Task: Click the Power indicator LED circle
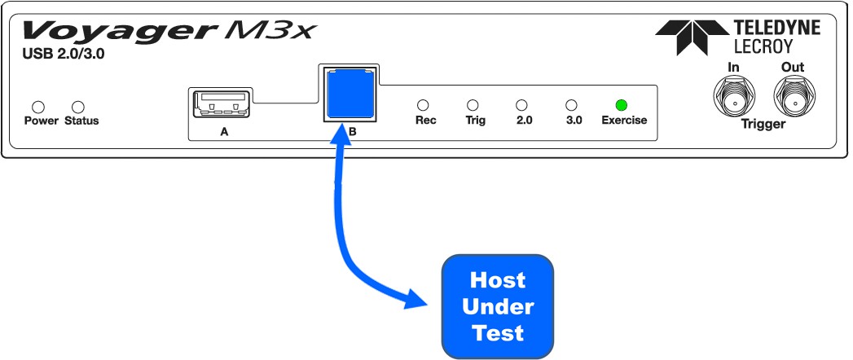tap(38, 107)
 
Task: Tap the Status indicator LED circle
tap(78, 107)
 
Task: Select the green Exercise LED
tap(621, 105)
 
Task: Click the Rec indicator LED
tap(423, 105)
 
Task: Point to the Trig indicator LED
tap(473, 105)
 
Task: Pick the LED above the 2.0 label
tap(521, 105)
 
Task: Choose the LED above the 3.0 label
tap(571, 105)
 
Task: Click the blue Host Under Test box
tap(498, 307)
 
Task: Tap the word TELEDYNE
tap(776, 29)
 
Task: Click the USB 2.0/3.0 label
tap(64, 55)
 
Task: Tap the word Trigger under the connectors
tap(763, 124)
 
